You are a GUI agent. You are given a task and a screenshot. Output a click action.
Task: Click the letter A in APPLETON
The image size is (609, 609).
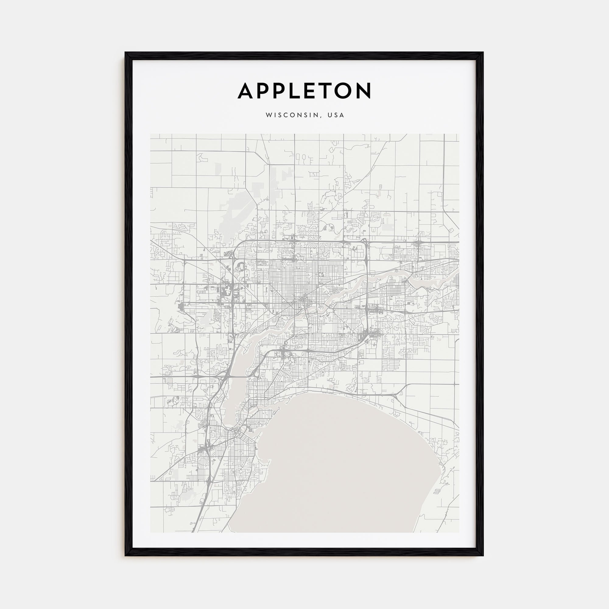(248, 91)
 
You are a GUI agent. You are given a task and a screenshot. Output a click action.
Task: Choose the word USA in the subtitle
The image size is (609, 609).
(336, 115)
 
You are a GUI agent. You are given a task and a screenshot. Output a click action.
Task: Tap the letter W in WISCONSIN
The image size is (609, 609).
(268, 115)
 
